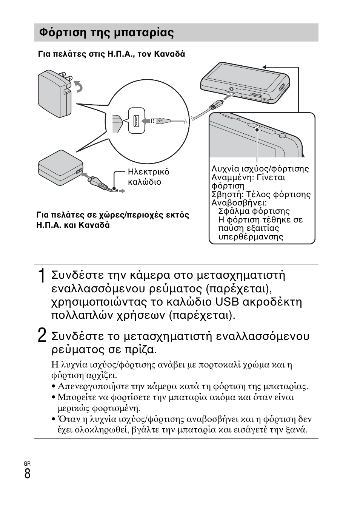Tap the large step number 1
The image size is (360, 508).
[x=42, y=275]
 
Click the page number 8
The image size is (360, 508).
[x=28, y=473]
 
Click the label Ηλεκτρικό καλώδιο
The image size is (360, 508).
[x=148, y=177]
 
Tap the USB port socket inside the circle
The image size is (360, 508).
[x=136, y=121]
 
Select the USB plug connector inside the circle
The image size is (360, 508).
[x=157, y=121]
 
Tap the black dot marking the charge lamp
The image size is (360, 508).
[x=257, y=130]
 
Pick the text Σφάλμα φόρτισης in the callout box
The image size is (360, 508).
[x=254, y=211]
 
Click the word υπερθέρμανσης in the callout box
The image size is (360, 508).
[x=251, y=237]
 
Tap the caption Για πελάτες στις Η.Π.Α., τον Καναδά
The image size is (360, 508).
[x=111, y=54]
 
